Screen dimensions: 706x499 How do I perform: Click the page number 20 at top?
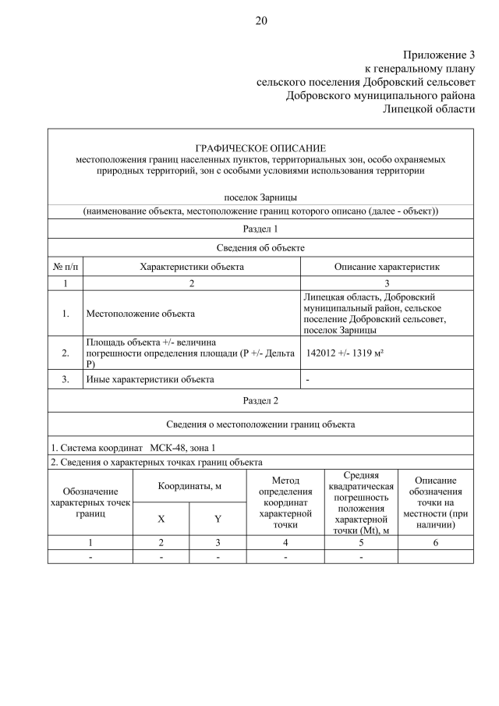click(x=260, y=21)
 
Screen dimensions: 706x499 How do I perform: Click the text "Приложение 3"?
click(x=438, y=55)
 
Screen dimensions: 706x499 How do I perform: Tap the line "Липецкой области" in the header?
click(x=429, y=108)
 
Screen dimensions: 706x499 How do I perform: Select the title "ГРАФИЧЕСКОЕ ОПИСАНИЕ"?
click(x=260, y=148)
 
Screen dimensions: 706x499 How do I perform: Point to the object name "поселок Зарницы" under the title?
click(x=260, y=197)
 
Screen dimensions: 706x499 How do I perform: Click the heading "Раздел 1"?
click(x=260, y=229)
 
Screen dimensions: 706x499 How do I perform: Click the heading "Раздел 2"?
click(x=260, y=400)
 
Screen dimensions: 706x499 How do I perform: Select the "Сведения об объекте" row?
click(x=260, y=247)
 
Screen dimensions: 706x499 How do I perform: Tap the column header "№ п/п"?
click(x=65, y=267)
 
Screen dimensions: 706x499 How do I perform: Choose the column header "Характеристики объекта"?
click(x=192, y=267)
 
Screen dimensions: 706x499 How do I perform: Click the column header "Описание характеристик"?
click(x=387, y=267)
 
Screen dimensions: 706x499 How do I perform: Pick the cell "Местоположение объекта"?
click(x=140, y=314)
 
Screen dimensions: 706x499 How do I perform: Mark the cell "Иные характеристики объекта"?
click(x=149, y=380)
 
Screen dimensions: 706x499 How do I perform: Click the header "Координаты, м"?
click(x=189, y=485)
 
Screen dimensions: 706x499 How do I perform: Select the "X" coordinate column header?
click(x=161, y=518)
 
